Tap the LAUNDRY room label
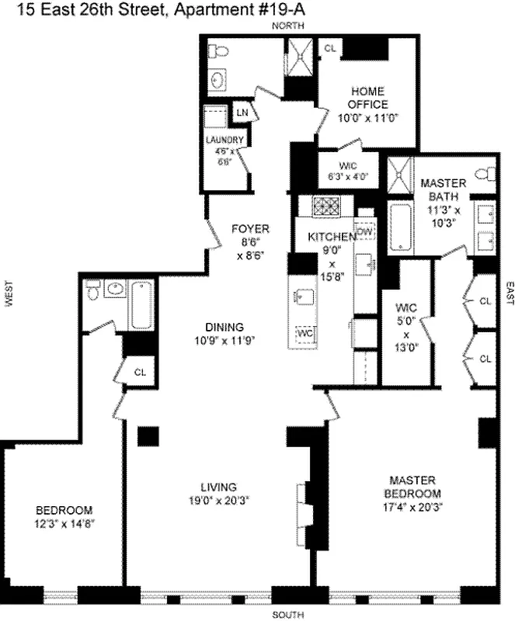(x=224, y=140)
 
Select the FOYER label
(x=250, y=229)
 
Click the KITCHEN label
(x=332, y=237)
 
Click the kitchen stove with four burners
(x=322, y=207)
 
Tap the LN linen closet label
(x=242, y=113)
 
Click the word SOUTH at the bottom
(x=287, y=616)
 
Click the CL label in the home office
(x=330, y=48)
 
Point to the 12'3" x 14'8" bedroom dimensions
(x=64, y=524)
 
